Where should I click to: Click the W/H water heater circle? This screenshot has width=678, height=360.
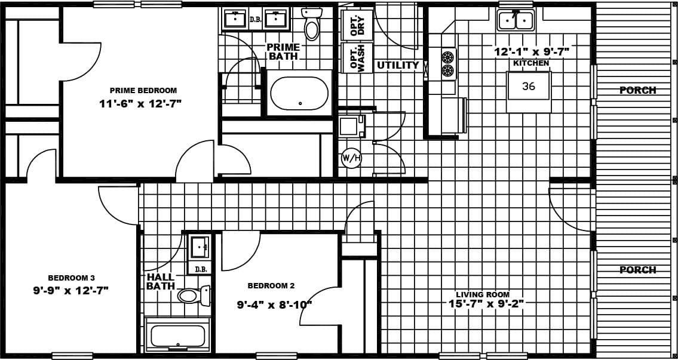click(351, 158)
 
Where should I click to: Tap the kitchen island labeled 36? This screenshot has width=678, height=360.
click(529, 87)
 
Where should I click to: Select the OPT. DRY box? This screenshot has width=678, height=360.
click(357, 24)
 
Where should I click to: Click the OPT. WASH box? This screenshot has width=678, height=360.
click(357, 58)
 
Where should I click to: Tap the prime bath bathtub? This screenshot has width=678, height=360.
click(299, 93)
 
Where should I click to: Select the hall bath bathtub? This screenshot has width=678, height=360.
click(177, 336)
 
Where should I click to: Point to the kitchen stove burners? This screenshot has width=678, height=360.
click(447, 64)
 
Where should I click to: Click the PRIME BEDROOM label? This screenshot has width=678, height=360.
click(143, 91)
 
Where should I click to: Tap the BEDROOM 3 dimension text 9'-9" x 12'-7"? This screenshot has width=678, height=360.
click(70, 291)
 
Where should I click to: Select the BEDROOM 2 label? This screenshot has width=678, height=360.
click(271, 286)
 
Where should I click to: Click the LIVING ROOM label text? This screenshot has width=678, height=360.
click(483, 294)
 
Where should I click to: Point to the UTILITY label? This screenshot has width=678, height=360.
click(398, 65)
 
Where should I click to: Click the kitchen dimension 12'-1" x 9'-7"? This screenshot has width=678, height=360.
click(531, 51)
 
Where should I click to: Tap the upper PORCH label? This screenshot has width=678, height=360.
click(637, 90)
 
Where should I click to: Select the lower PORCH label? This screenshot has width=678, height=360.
click(637, 270)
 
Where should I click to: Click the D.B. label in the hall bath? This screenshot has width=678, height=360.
click(201, 269)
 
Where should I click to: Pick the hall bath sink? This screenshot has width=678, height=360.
click(198, 246)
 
